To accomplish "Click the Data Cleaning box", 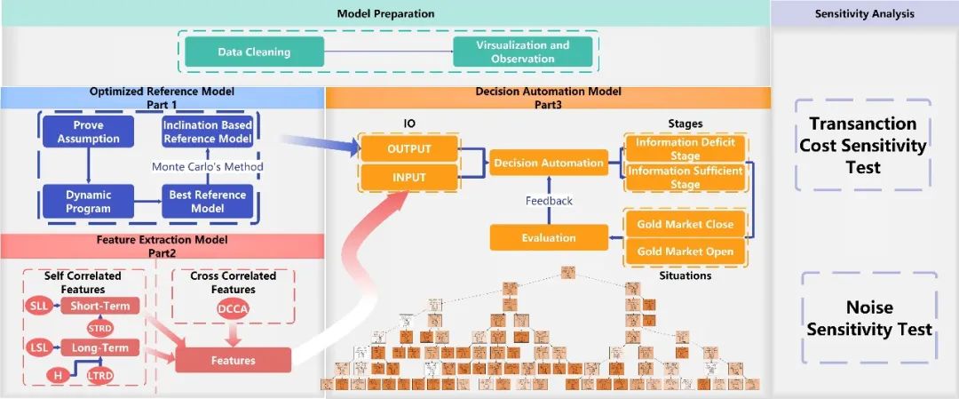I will (x=254, y=52).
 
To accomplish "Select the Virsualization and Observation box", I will (x=523, y=52).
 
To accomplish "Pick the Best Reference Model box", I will (x=207, y=202).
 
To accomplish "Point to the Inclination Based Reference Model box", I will (x=207, y=132).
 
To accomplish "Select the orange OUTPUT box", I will (x=408, y=148).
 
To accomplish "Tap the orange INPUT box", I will (x=408, y=178).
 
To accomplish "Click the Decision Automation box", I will (x=549, y=163).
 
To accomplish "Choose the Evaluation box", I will (x=548, y=237).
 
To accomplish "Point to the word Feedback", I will (x=549, y=201).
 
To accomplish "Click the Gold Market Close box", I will (x=685, y=224).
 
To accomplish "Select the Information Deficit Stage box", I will (x=685, y=148).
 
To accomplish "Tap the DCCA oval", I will (x=234, y=308).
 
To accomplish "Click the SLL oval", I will (x=39, y=306).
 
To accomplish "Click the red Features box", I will (x=233, y=360).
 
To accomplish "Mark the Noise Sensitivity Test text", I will (x=869, y=318).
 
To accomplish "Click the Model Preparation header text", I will (x=385, y=13).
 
